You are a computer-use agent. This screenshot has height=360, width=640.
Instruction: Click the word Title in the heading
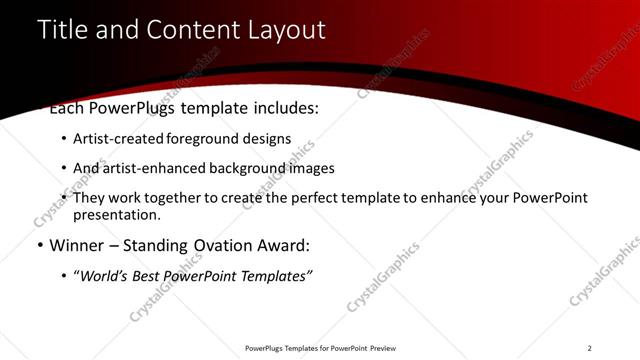point(61,30)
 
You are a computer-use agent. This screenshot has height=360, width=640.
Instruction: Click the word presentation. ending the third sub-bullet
point(116,214)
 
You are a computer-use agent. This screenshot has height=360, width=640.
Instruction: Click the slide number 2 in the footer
point(589,348)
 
